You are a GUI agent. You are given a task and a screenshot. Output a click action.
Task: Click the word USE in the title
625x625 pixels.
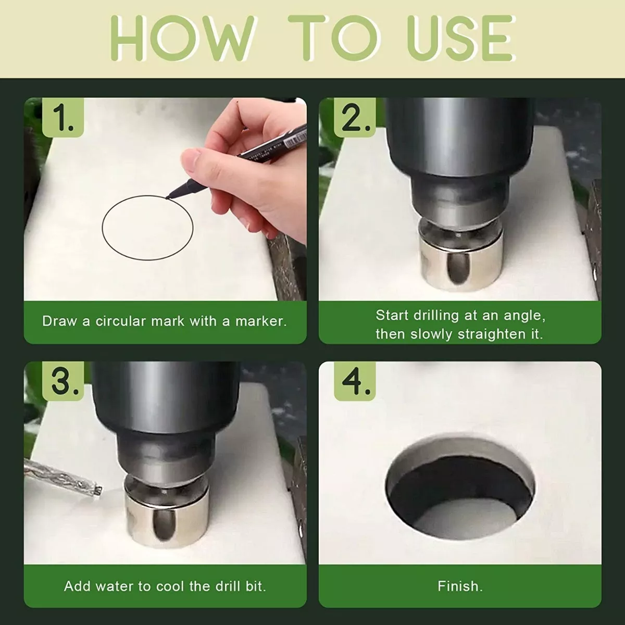tap(461, 38)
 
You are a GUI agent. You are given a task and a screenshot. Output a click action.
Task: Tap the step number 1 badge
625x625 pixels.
tap(63, 117)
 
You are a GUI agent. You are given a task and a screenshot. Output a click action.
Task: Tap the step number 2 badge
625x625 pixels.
tap(355, 117)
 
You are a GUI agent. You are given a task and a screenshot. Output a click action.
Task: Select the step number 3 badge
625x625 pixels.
tap(63, 381)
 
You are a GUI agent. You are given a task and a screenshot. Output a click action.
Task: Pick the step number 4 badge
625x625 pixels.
tap(355, 381)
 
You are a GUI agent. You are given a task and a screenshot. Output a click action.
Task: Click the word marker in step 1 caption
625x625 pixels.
tap(261, 321)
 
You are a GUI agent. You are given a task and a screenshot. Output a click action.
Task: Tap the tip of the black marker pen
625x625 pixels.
tap(167, 197)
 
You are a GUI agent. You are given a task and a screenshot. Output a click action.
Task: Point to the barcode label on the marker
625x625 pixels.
tap(295, 138)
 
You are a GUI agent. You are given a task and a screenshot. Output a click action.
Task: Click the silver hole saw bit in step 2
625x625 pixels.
tap(460, 254)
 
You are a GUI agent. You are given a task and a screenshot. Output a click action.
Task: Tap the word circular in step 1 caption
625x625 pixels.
tap(121, 321)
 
